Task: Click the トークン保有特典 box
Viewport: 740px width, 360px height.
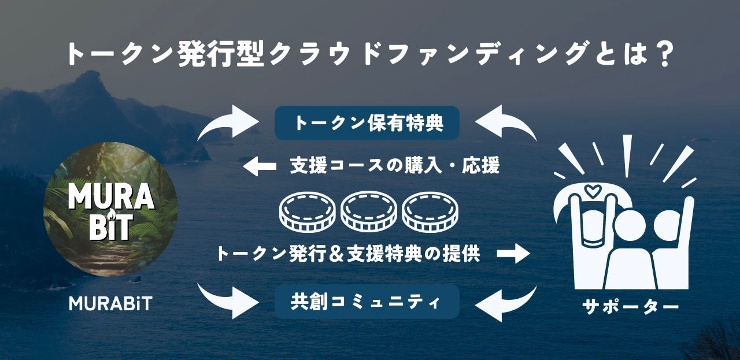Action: click(367, 123)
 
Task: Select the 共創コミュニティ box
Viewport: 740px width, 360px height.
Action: click(367, 301)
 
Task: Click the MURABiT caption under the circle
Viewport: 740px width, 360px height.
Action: click(110, 303)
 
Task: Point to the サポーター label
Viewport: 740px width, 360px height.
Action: click(630, 307)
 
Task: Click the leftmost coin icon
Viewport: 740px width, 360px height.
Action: click(307, 210)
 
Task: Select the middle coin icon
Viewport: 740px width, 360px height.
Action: click(368, 210)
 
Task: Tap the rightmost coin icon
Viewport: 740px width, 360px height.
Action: click(430, 210)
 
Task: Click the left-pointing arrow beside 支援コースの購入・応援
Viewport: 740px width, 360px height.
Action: click(260, 168)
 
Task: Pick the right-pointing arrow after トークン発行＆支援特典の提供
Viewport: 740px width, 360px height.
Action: click(513, 253)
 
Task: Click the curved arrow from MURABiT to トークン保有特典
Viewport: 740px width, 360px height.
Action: click(228, 122)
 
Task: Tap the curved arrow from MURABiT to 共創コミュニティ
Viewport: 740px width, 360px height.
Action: click(228, 300)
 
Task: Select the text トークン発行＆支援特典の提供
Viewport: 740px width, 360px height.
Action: click(348, 253)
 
